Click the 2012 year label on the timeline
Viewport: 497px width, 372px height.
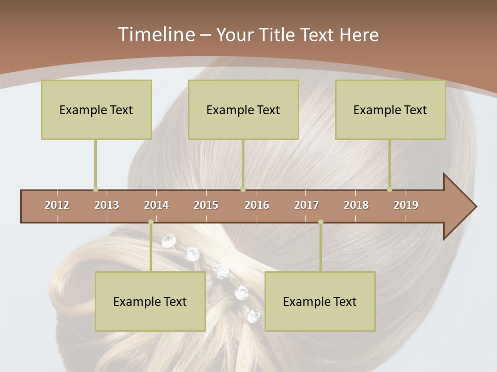coord(57,205)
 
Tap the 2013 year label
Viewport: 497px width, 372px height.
coord(107,205)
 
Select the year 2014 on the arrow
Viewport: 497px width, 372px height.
coord(156,205)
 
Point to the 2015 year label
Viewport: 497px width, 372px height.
coord(206,205)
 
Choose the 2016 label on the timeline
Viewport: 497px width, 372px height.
coord(257,205)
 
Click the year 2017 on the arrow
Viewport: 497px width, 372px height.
coord(306,205)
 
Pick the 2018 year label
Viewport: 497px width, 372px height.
coord(356,205)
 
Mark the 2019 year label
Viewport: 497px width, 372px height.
coord(406,205)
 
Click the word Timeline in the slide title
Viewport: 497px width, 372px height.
coord(155,35)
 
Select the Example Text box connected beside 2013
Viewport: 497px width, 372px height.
coord(96,110)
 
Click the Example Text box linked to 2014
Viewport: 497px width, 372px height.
coord(150,301)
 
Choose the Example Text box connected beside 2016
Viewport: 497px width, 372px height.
coord(243,110)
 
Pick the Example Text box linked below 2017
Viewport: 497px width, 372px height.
coord(320,301)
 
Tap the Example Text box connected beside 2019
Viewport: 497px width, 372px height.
coord(390,110)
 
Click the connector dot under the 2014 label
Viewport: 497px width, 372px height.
coord(151,222)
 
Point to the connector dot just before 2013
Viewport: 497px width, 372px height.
coord(95,189)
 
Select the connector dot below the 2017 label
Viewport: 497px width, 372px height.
coord(320,222)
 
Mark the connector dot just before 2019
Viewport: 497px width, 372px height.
coord(389,189)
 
